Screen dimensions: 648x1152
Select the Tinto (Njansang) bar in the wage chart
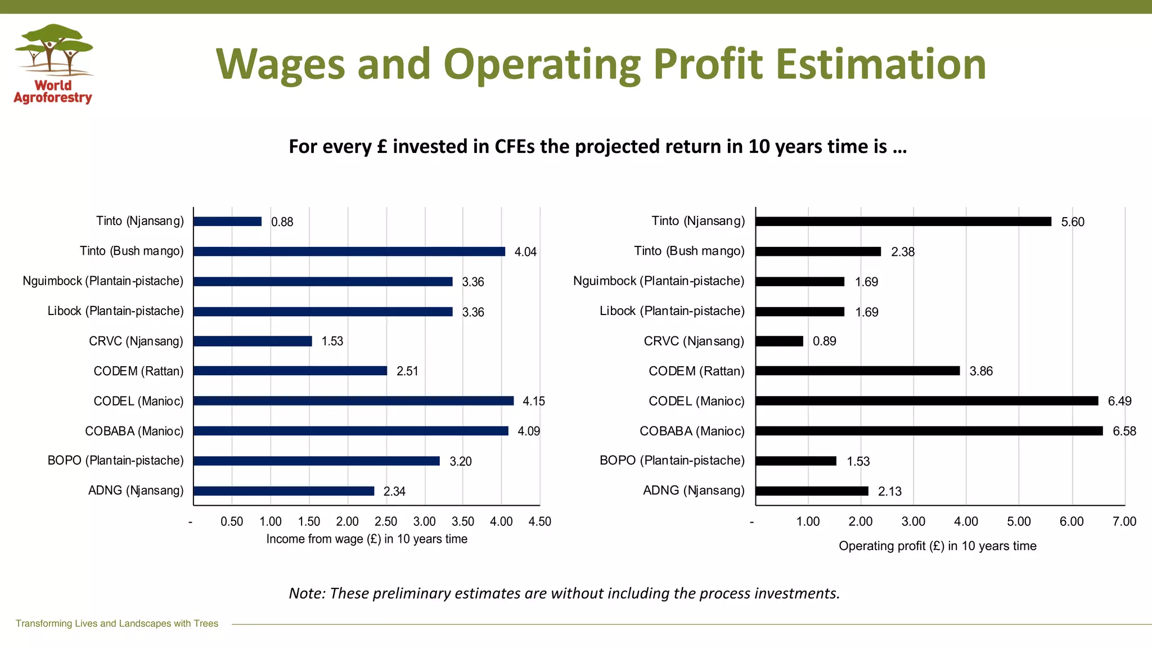(x=227, y=222)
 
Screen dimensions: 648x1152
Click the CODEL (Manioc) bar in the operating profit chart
(x=926, y=401)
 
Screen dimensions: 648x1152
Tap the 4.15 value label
(x=534, y=401)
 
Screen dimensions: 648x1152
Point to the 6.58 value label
(x=1124, y=431)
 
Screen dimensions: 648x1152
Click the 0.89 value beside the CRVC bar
(x=824, y=341)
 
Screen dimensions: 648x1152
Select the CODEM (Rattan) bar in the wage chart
(x=290, y=371)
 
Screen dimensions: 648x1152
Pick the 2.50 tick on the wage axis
(x=386, y=522)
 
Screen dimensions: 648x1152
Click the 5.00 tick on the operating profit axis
(x=1019, y=522)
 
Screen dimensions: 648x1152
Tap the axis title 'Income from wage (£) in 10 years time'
(x=367, y=539)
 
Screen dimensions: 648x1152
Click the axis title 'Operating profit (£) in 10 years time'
(x=937, y=546)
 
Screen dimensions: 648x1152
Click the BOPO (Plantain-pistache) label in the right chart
(x=672, y=461)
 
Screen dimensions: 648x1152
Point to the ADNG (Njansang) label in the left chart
(x=136, y=490)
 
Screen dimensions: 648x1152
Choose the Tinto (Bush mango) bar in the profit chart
(x=818, y=251)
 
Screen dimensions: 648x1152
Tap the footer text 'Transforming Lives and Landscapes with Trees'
(x=117, y=623)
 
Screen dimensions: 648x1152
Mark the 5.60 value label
(x=1072, y=222)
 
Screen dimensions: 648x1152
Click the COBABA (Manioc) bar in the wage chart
(x=350, y=431)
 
